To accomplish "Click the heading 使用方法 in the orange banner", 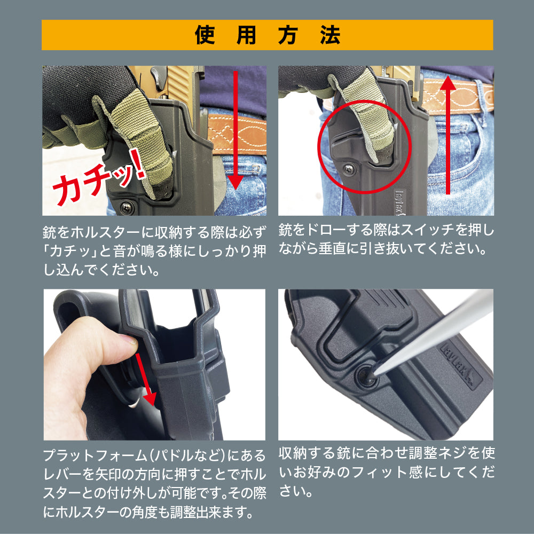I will coord(267,35).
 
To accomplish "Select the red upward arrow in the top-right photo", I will coord(447,133).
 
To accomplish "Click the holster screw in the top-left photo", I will coord(128,205).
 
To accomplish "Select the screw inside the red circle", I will coord(347,168).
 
